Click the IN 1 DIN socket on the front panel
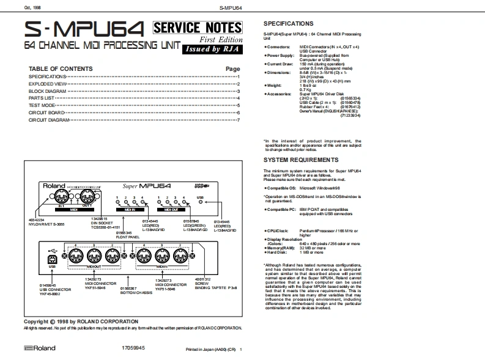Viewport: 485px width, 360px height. coord(61,197)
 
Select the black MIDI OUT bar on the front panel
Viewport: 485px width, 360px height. coord(73,208)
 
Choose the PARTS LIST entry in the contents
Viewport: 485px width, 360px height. coord(42,98)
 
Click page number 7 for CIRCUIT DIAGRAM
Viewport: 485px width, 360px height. coord(239,120)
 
